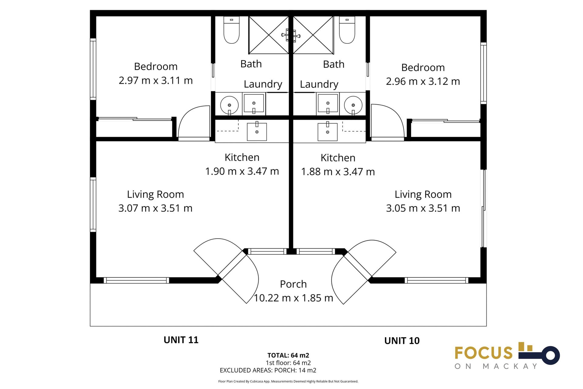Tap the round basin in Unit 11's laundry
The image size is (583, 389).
pos(229,105)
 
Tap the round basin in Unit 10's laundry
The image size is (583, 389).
pos(353,105)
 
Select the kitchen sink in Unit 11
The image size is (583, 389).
pos(257,132)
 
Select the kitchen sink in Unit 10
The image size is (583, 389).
pos(327,132)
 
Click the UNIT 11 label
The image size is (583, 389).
pos(181,340)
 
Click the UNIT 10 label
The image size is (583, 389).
pos(402,341)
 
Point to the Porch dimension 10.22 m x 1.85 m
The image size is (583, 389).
pos(293,298)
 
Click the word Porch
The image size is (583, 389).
pos(293,284)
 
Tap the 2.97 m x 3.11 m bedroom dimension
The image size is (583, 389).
pos(155,81)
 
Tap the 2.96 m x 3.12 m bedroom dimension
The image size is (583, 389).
pos(423,81)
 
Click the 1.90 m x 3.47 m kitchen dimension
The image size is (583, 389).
pos(242,171)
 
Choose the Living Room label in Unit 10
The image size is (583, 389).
pos(423,194)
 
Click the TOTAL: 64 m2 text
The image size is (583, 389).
pos(288,355)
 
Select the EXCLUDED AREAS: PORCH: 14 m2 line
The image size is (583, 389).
pos(268,370)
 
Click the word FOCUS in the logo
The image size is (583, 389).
pos(483,353)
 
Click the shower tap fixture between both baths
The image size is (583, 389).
pos(291,36)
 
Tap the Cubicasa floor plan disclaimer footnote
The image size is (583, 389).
pos(288,381)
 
